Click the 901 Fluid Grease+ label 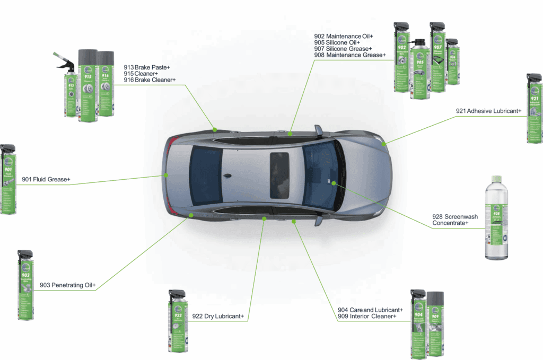click(46, 180)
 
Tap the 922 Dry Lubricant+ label click(217, 317)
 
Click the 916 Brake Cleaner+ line click(150, 80)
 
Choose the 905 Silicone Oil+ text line click(337, 42)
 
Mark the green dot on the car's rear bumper click(166, 174)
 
